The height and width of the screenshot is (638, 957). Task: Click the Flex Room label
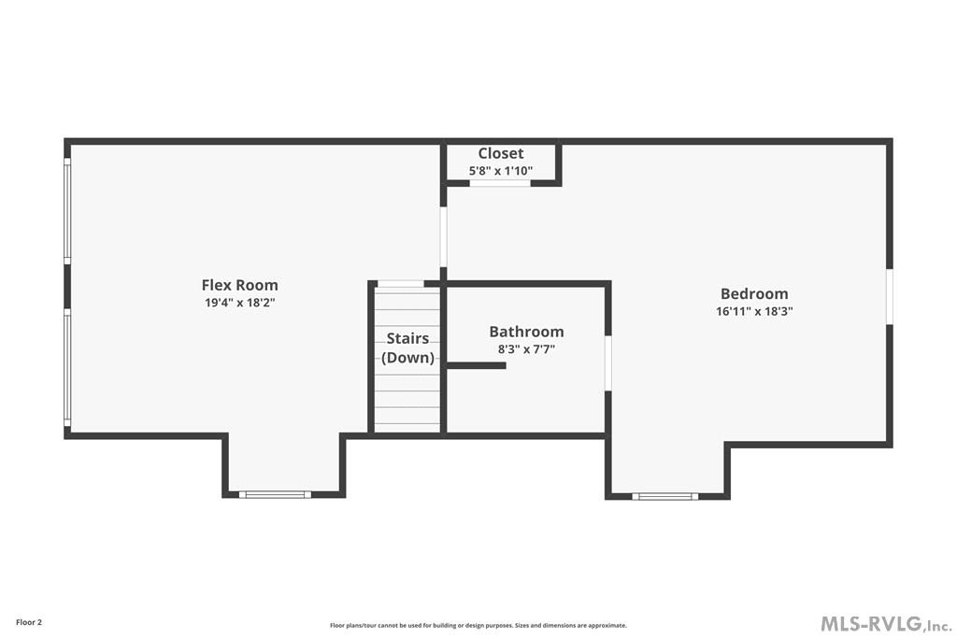[239, 285]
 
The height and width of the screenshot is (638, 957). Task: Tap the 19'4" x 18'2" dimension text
[239, 303]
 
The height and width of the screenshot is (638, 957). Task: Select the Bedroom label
[753, 293]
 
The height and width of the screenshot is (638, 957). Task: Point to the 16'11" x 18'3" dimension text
[753, 311]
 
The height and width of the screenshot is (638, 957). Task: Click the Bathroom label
[526, 332]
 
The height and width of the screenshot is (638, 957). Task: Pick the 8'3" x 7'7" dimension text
[526, 349]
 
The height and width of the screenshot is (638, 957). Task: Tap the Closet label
[501, 153]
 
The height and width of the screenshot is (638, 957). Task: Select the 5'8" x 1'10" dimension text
[501, 171]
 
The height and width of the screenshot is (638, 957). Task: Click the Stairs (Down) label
[407, 347]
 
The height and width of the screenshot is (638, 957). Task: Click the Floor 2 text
[28, 622]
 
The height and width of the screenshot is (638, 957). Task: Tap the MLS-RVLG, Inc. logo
[885, 624]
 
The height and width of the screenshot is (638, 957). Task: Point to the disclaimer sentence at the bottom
[478, 626]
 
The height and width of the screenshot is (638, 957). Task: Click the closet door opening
[500, 183]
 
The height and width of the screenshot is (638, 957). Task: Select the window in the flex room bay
[274, 494]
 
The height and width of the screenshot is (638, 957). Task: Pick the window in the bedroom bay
[665, 496]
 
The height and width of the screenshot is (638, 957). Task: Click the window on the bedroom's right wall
[890, 297]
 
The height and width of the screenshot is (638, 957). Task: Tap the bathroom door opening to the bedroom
[607, 363]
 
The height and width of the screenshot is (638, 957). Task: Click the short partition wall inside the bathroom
[476, 365]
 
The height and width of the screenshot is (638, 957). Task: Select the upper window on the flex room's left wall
[67, 211]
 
